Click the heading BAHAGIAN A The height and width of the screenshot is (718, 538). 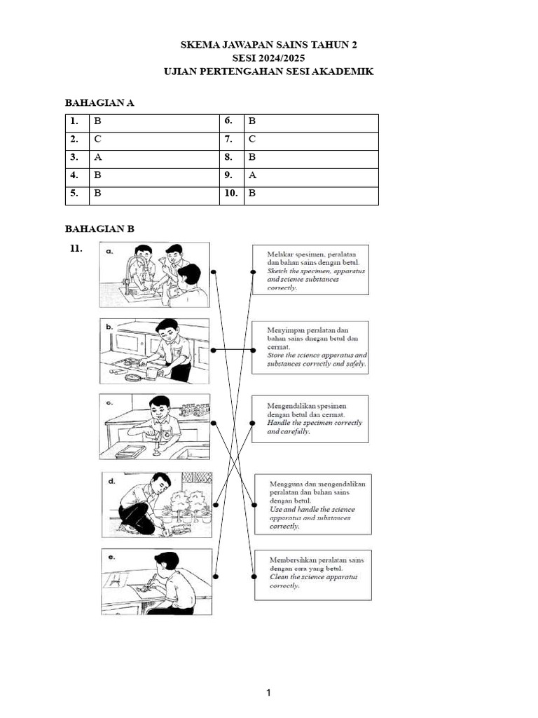coord(99,102)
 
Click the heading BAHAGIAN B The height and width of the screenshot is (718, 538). coord(99,229)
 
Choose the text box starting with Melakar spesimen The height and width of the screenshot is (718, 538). coord(311,271)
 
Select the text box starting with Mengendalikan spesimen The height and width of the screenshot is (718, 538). coord(311,418)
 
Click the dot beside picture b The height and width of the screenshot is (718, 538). coord(214,349)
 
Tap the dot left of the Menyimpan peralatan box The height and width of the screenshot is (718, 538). coord(253,349)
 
